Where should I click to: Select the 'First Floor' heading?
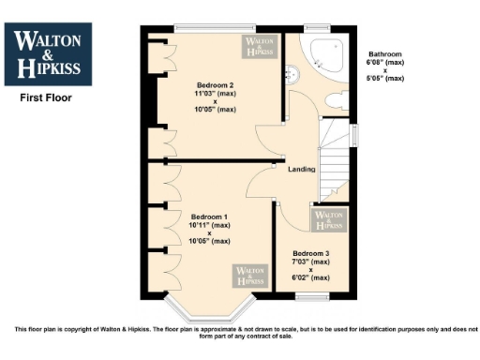[45, 97]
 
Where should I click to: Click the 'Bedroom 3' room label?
[310, 254]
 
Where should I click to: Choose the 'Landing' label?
[302, 169]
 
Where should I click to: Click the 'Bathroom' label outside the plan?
[385, 54]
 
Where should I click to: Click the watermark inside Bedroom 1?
[248, 276]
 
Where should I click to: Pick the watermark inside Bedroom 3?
[328, 220]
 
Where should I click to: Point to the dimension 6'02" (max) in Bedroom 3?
[310, 277]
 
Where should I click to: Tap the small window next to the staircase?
[354, 135]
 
